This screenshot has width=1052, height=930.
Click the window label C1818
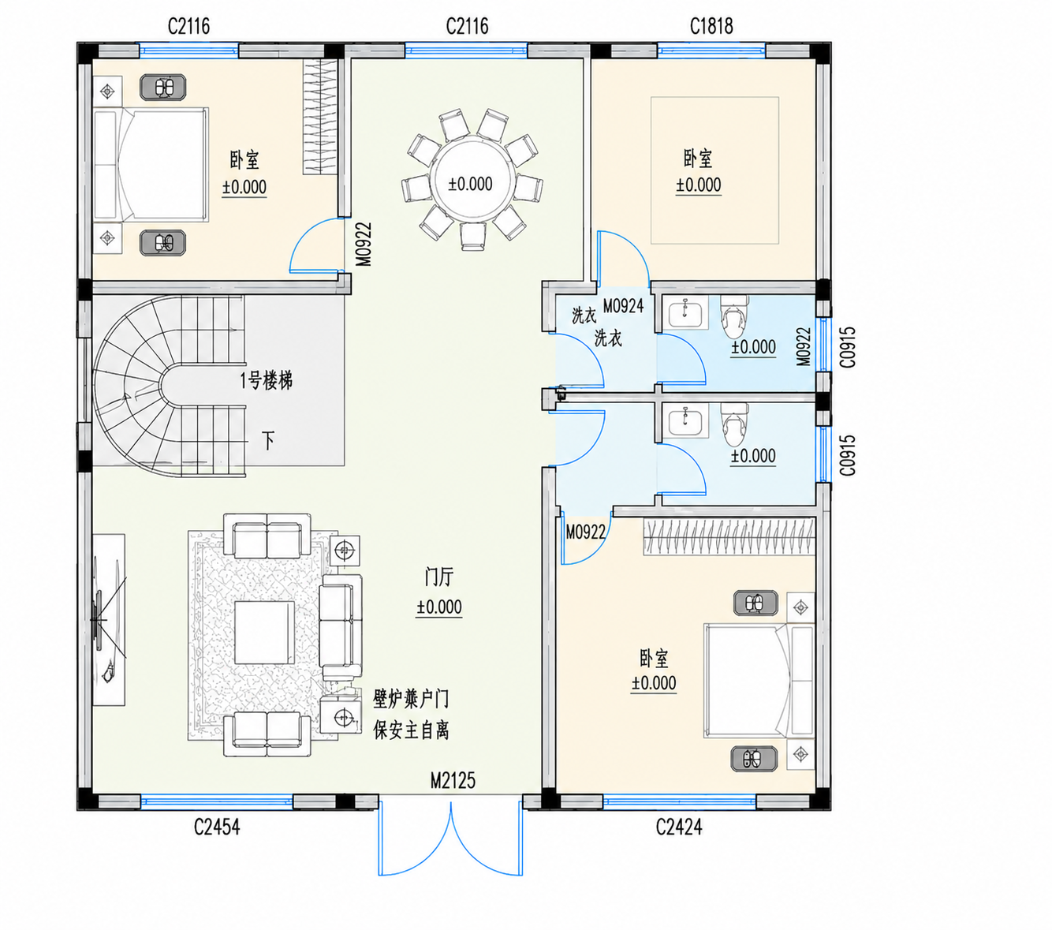(711, 26)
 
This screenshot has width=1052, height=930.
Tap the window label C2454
(217, 827)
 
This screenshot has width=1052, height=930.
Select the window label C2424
(679, 827)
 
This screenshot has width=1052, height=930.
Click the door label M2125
(453, 781)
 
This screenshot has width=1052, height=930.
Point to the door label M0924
(623, 306)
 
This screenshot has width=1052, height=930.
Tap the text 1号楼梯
(266, 381)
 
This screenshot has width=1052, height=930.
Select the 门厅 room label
(438, 577)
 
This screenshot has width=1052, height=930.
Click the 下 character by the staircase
(268, 441)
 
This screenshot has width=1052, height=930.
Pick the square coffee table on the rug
(264, 633)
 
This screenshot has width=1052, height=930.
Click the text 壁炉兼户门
(411, 700)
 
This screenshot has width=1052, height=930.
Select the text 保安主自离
(411, 730)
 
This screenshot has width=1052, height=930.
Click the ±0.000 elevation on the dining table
(471, 184)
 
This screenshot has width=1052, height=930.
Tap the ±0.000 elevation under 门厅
(438, 607)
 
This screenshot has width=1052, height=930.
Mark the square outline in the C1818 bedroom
(714, 170)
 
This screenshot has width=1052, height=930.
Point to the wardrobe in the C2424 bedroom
(729, 536)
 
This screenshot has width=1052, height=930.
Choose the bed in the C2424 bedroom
(759, 681)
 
